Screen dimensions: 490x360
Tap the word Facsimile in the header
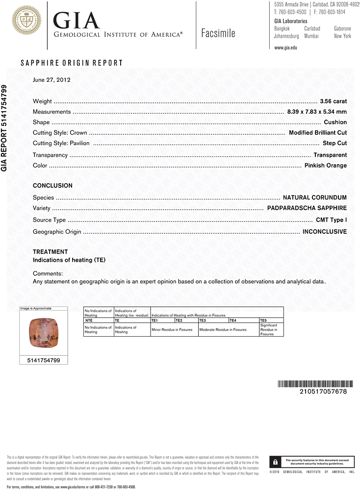[218, 33]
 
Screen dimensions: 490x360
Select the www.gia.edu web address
[286, 48]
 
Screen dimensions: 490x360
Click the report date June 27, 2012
[51, 79]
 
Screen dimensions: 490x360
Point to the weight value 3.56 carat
[333, 101]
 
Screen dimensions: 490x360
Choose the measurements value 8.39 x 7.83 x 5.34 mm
[316, 112]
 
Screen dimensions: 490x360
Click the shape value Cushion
[335, 122]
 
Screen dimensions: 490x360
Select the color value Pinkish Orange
[325, 166]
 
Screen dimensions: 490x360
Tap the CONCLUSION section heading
[52, 186]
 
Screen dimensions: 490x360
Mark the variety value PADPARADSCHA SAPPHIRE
[307, 208]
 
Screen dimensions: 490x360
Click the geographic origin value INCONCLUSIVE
[324, 231]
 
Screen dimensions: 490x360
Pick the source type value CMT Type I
[331, 220]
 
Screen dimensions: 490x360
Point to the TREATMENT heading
[50, 252]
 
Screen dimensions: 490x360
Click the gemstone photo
[43, 333]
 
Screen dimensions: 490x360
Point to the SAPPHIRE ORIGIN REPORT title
[72, 63]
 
